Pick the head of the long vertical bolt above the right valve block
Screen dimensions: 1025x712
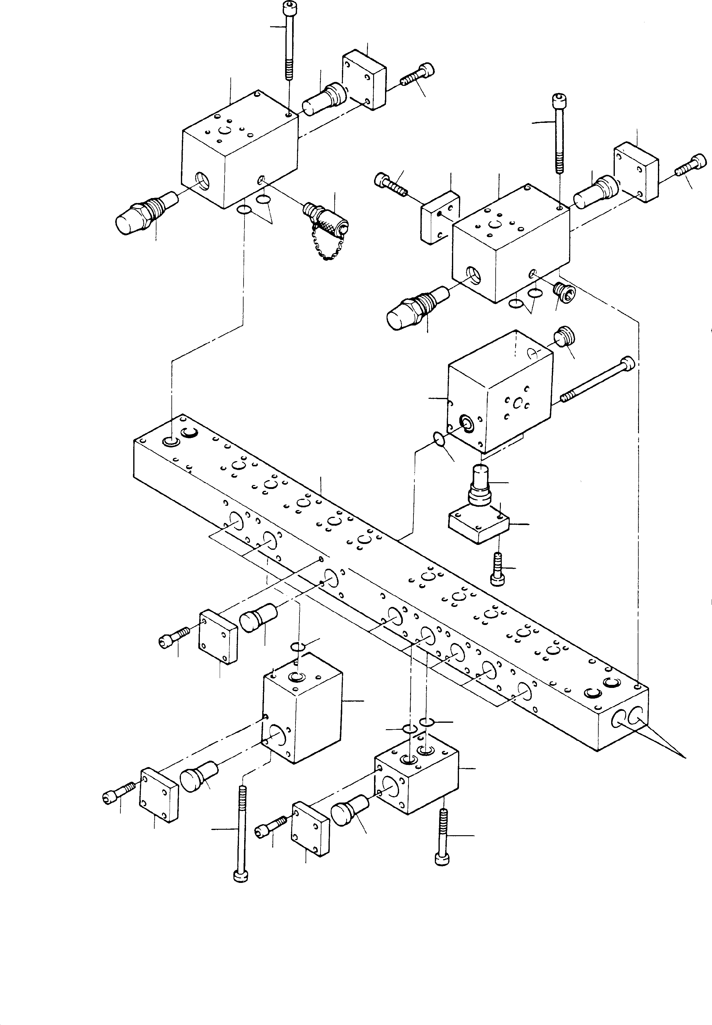[558, 99]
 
